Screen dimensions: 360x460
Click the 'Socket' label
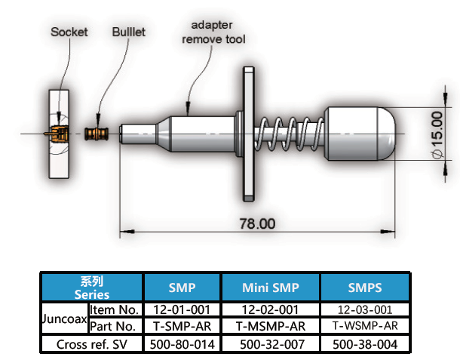click(69, 32)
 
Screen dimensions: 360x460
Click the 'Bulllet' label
click(129, 32)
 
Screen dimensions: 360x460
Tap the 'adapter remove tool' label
click(214, 32)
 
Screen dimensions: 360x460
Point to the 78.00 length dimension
click(257, 223)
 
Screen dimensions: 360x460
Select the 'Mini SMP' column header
click(270, 288)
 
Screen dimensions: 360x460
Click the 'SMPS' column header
click(365, 288)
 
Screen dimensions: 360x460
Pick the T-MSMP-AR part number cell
click(270, 327)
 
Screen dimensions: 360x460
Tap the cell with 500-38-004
click(365, 344)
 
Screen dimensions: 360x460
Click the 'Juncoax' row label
click(63, 318)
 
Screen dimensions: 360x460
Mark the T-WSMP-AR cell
click(365, 327)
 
